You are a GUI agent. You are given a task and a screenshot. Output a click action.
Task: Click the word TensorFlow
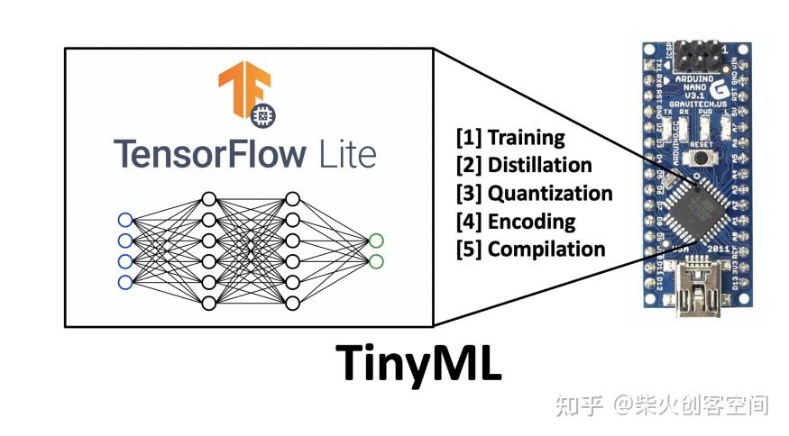pyautogui.click(x=206, y=154)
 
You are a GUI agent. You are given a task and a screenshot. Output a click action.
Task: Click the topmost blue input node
pyautogui.click(x=125, y=220)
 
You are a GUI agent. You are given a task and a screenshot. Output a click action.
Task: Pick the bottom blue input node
pyautogui.click(x=125, y=283)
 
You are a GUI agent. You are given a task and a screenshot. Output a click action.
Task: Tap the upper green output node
pyautogui.click(x=376, y=241)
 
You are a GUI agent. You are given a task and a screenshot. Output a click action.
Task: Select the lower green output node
pyautogui.click(x=376, y=262)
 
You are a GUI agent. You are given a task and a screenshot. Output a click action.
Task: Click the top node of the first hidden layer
pyautogui.click(x=208, y=199)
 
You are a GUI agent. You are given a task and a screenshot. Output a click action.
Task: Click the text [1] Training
pyautogui.click(x=510, y=138)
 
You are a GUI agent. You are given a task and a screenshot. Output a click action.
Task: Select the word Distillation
pyautogui.click(x=539, y=166)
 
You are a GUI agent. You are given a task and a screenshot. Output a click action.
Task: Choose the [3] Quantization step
pyautogui.click(x=534, y=194)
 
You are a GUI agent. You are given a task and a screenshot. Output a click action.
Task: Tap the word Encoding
pyautogui.click(x=531, y=222)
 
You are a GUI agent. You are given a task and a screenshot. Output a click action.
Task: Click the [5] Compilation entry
pyautogui.click(x=530, y=250)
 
